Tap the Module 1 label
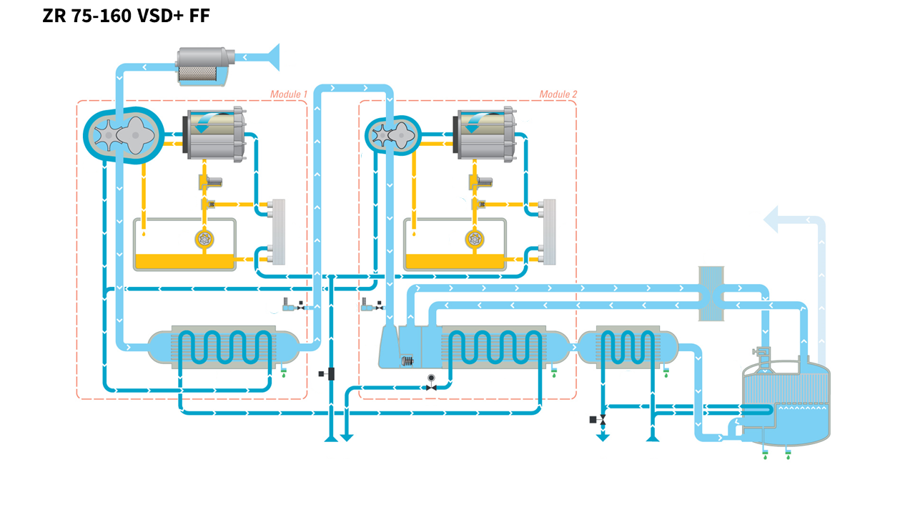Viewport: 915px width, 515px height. pos(289,94)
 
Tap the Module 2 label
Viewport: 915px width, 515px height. pos(558,94)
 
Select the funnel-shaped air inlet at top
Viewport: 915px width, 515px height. pos(269,57)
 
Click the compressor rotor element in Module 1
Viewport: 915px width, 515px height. pos(124,134)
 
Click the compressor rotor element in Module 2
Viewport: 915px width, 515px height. pos(392,134)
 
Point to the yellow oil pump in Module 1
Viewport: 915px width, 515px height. pos(204,240)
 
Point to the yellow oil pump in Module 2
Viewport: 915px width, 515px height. pos(473,240)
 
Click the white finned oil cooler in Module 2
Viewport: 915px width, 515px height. pos(549,230)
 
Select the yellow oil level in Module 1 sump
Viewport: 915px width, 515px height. pos(185,261)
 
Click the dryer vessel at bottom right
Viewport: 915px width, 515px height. pos(786,404)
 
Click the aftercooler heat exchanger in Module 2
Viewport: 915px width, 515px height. pos(493,348)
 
